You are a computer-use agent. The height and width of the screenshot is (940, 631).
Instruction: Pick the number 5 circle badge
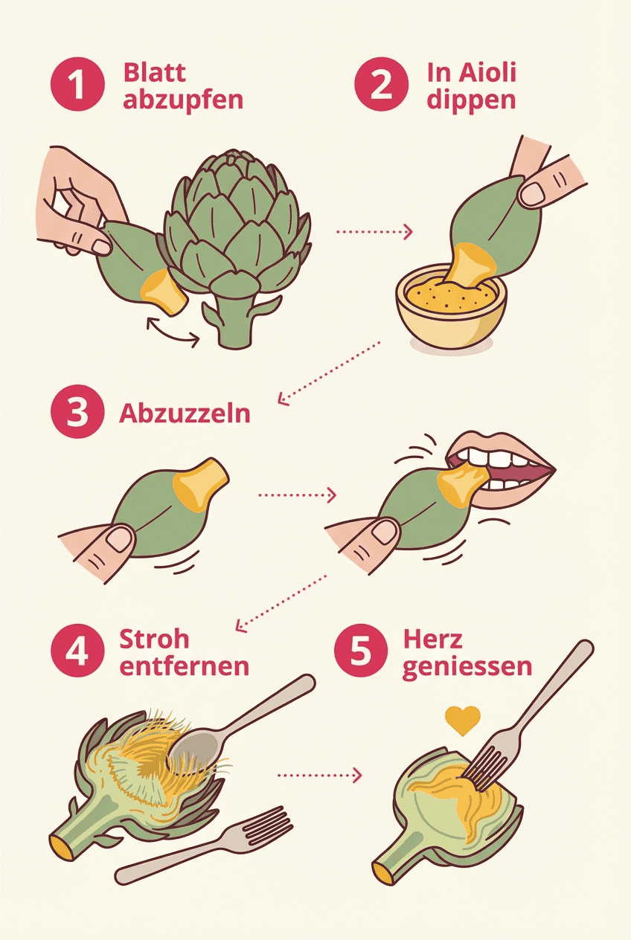tap(359, 652)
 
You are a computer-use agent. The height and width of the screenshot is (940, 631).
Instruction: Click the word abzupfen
tap(182, 99)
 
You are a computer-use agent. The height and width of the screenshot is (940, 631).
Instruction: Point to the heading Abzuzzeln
tap(185, 413)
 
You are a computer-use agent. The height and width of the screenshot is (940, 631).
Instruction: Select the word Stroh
tap(154, 639)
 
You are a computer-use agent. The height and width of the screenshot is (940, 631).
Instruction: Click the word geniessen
tap(467, 666)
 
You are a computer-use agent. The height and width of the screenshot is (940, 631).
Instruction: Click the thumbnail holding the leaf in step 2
tap(533, 193)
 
